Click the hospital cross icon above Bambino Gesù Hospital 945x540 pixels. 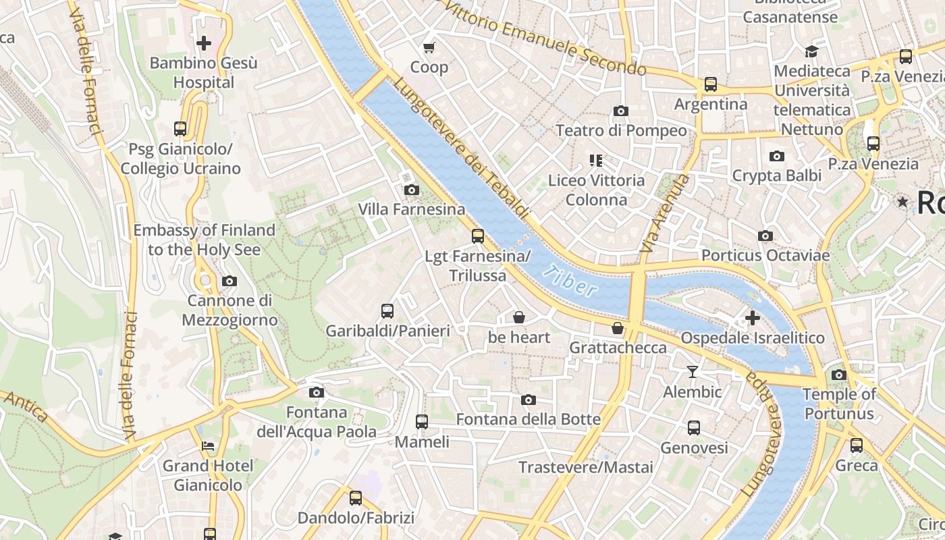[203, 44]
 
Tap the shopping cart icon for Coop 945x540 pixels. [429, 47]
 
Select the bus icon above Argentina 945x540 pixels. [710, 84]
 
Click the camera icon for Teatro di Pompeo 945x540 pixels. [620, 111]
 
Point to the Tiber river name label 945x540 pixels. [571, 282]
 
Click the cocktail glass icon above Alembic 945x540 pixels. [692, 371]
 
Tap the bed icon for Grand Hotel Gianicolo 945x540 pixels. [208, 446]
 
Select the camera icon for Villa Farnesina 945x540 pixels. [411, 190]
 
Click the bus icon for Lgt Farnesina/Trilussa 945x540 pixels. [478, 236]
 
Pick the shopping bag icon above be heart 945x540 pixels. [519, 317]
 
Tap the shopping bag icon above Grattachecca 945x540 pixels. [617, 328]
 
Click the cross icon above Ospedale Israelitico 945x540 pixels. [753, 318]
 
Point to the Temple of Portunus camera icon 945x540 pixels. [838, 375]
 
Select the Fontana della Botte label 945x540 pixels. [528, 419]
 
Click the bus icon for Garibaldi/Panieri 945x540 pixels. [387, 311]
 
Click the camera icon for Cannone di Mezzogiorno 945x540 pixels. [230, 281]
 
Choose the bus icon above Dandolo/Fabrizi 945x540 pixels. [356, 498]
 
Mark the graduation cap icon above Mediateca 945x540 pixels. [811, 52]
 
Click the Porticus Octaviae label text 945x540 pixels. [765, 255]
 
